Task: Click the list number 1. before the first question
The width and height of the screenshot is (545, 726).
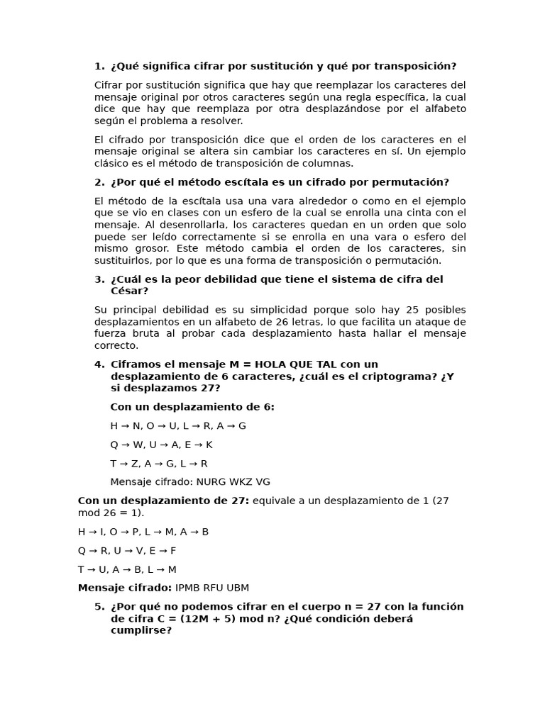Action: (x=99, y=66)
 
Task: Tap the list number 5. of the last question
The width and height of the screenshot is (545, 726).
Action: (x=99, y=606)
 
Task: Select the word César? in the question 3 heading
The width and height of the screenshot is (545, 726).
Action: (x=129, y=291)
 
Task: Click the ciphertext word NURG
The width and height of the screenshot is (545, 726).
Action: (x=211, y=481)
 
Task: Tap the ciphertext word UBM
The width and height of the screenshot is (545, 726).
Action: (x=238, y=588)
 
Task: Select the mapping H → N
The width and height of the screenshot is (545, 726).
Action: (x=126, y=426)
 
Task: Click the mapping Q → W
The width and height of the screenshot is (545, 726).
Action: (x=126, y=445)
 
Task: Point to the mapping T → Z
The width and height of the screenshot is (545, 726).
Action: (x=125, y=464)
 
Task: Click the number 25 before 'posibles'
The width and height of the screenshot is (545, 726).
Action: (x=412, y=310)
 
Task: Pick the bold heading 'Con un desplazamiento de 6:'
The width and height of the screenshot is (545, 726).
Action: (x=192, y=407)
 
